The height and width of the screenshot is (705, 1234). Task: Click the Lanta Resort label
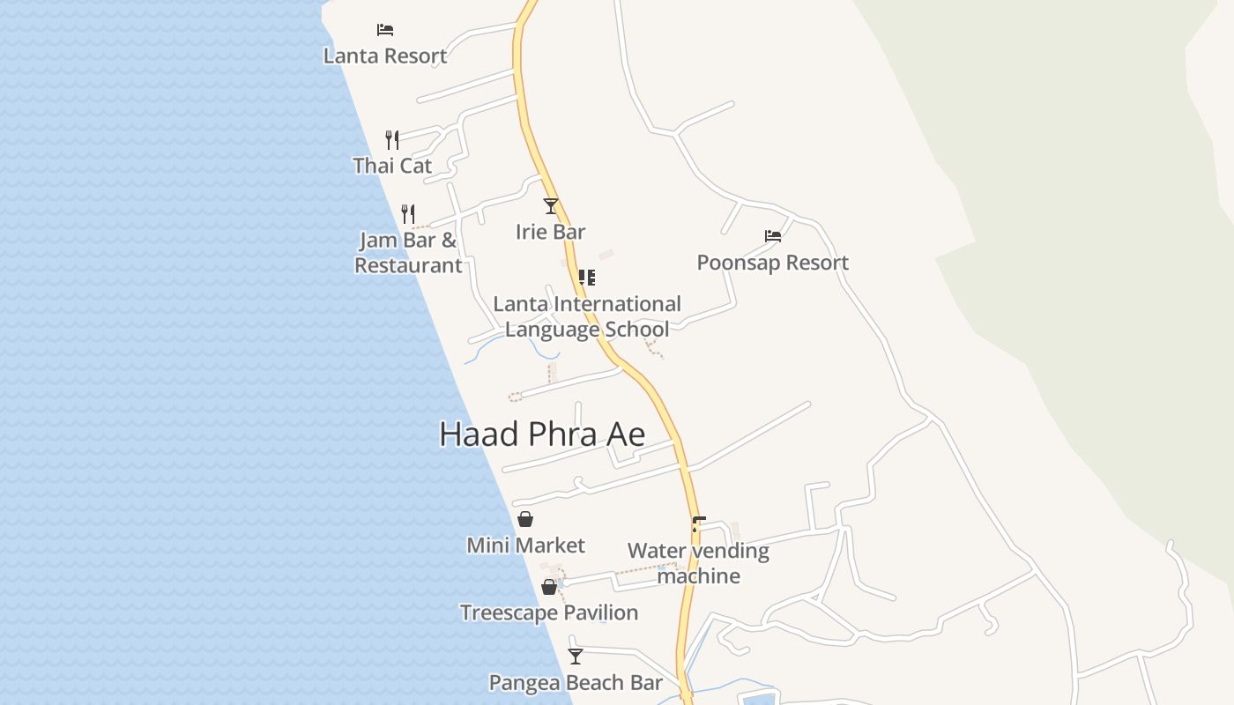click(385, 56)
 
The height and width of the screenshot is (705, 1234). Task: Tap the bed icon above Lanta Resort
click(385, 29)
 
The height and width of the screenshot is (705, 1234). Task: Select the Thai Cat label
click(392, 166)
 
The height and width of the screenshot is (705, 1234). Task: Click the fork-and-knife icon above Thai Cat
click(392, 139)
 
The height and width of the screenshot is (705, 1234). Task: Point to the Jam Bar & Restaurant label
click(408, 253)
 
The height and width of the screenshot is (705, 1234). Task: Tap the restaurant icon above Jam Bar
click(408, 213)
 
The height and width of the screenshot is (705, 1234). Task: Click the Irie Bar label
click(551, 232)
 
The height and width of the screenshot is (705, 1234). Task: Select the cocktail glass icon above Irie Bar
click(551, 206)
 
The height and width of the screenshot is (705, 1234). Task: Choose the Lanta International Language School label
click(587, 316)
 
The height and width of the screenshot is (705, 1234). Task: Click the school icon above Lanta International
click(587, 278)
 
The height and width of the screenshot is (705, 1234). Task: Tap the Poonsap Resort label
click(773, 263)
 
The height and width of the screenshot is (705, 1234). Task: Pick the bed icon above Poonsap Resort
click(773, 236)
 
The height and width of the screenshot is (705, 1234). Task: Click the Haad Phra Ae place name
click(542, 434)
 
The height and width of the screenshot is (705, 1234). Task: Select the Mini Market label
click(526, 545)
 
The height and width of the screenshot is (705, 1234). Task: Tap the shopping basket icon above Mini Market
click(525, 519)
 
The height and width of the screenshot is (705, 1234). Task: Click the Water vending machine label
click(698, 563)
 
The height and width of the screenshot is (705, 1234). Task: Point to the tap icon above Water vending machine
click(698, 524)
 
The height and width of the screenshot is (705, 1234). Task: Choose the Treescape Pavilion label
click(549, 612)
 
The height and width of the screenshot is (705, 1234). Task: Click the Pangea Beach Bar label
click(576, 683)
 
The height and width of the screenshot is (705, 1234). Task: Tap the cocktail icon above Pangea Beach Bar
click(576, 657)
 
